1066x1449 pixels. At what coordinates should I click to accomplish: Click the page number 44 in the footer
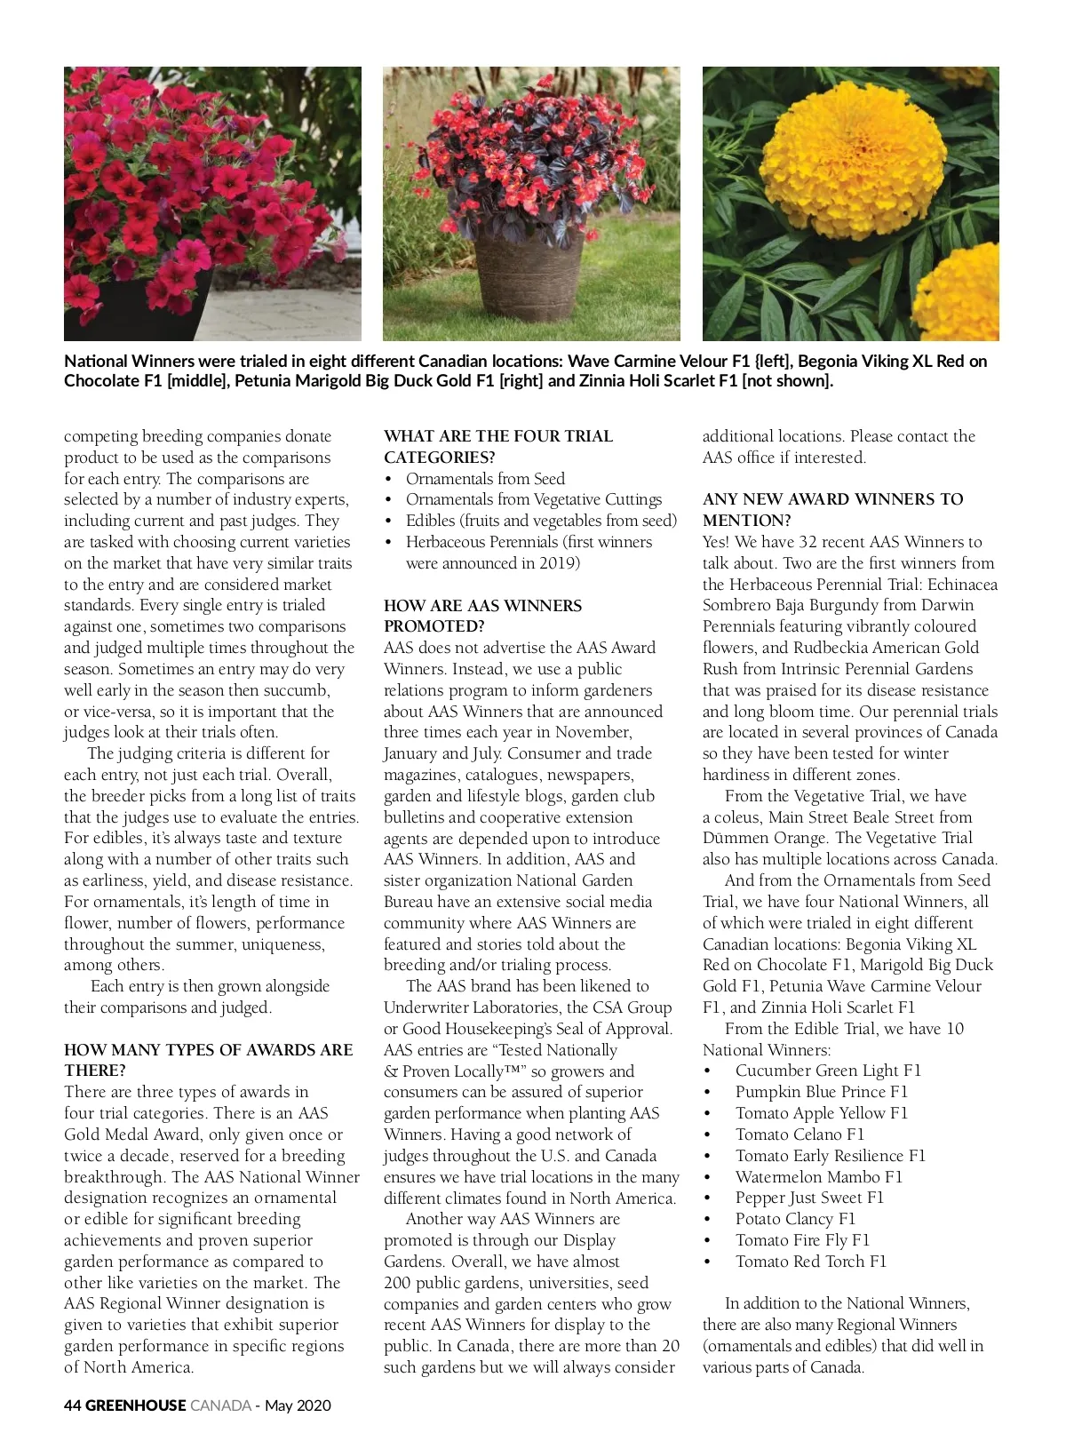[x=72, y=1405]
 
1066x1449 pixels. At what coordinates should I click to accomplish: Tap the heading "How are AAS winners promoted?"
[x=482, y=616]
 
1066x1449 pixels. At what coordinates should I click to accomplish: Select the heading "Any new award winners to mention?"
[x=832, y=509]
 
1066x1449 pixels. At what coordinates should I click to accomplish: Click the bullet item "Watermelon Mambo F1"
[x=818, y=1176]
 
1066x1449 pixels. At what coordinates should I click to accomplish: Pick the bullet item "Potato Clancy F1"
[x=794, y=1219]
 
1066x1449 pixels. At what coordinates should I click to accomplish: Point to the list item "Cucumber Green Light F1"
[x=828, y=1071]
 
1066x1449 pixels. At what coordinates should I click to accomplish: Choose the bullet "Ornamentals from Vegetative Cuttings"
[x=533, y=499]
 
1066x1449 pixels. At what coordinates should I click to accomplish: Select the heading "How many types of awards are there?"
[x=208, y=1060]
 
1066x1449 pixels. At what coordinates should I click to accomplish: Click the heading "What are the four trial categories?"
[x=497, y=446]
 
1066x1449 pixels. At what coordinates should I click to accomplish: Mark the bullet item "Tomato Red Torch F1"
[x=810, y=1262]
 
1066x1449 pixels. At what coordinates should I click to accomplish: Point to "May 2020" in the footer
[x=298, y=1405]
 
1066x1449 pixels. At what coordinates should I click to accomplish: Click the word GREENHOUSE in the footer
[x=136, y=1405]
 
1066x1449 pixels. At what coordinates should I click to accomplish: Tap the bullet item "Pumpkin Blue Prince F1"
[x=821, y=1092]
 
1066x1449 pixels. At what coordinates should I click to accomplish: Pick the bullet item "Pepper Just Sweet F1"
[x=809, y=1198]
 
